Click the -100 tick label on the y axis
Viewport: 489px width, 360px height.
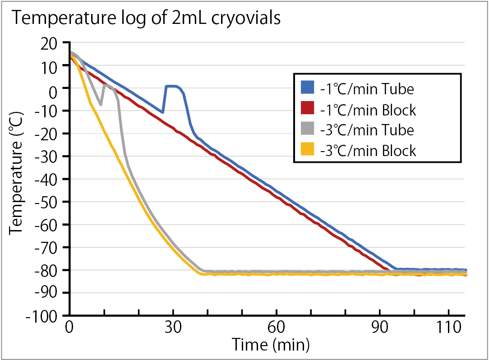(47, 316)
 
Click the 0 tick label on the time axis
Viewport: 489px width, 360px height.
(69, 328)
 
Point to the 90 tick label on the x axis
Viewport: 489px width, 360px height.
(380, 328)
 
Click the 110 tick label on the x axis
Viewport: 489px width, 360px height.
(448, 328)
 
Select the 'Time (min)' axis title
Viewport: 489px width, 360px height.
(271, 345)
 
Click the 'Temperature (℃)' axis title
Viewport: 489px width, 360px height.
(17, 179)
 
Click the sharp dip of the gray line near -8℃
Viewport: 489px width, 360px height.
(101, 105)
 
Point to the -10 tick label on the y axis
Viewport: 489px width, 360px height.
(51, 111)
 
